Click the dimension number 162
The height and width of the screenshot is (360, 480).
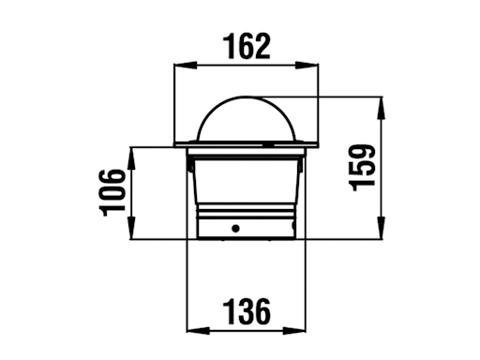click(247, 44)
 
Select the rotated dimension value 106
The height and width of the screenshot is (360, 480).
click(112, 193)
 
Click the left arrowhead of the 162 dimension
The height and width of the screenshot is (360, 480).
click(183, 64)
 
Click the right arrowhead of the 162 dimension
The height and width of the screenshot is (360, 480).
click(314, 64)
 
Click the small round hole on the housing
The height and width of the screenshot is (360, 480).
click(236, 229)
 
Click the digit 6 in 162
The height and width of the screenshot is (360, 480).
click(247, 44)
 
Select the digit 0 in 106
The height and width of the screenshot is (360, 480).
click(112, 193)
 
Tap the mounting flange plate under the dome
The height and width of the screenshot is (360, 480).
click(247, 144)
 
